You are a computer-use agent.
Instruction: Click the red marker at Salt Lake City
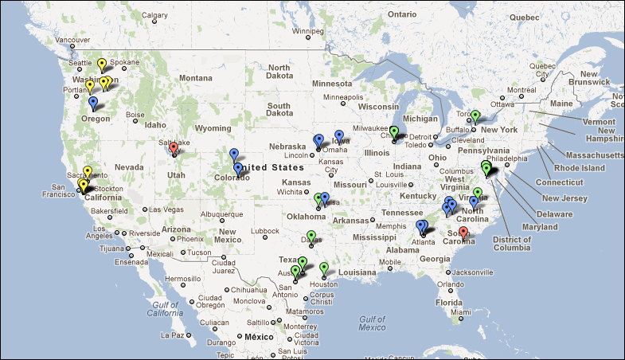[x=174, y=147]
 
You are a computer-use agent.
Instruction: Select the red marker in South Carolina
[x=464, y=233]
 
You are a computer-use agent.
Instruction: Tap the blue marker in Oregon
[x=93, y=103]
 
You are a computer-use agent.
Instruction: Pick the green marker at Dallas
[x=311, y=236]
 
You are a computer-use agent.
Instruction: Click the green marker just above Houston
[x=324, y=268]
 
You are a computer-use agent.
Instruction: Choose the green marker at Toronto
[x=475, y=115]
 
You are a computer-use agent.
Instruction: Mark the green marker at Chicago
[x=393, y=131]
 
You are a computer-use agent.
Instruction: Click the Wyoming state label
[x=213, y=128]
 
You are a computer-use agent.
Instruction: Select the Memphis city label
[x=392, y=225]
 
